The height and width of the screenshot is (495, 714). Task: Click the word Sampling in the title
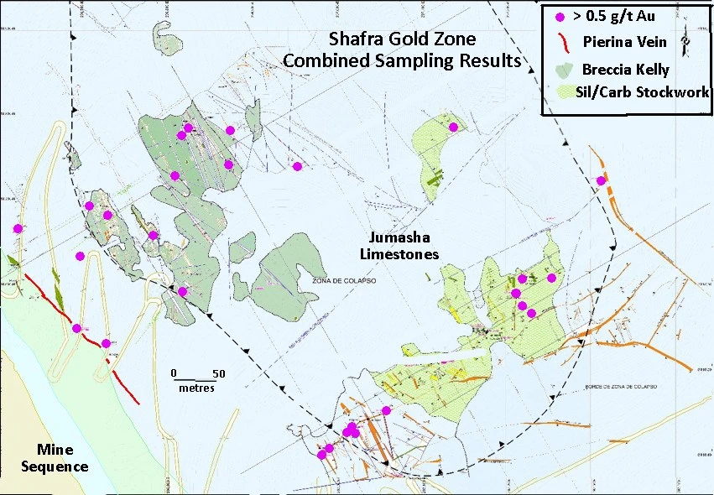coord(417,60)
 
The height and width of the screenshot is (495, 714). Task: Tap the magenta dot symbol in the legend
coord(560,16)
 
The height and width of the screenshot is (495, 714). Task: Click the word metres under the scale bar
coord(196,388)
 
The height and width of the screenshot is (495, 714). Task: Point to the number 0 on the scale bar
coord(174,373)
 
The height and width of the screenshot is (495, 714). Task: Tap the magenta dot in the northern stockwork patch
coord(453,128)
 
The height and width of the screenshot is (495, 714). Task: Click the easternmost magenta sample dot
coord(601,181)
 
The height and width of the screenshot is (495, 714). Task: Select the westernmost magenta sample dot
coord(18,228)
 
